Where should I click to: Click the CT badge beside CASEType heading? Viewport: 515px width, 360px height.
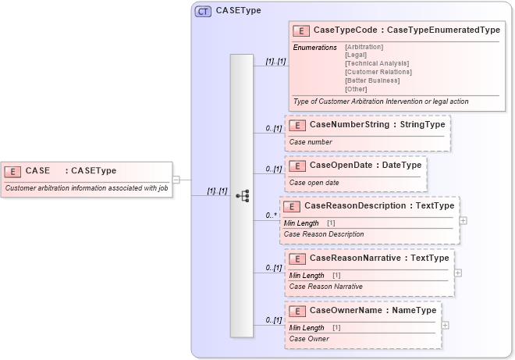203,11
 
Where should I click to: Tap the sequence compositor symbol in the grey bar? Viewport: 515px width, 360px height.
242,196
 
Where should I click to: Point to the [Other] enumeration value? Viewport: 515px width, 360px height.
355,89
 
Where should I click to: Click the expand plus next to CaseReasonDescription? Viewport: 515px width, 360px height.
464,220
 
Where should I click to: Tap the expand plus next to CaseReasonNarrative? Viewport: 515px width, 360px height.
458,273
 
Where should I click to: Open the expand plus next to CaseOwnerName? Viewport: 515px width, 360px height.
445,325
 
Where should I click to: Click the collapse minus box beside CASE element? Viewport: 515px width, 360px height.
176,180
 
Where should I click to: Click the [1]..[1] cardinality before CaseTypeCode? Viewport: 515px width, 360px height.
272,59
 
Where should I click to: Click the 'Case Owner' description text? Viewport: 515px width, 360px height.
308,339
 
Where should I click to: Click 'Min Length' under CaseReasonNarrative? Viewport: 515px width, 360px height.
307,275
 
